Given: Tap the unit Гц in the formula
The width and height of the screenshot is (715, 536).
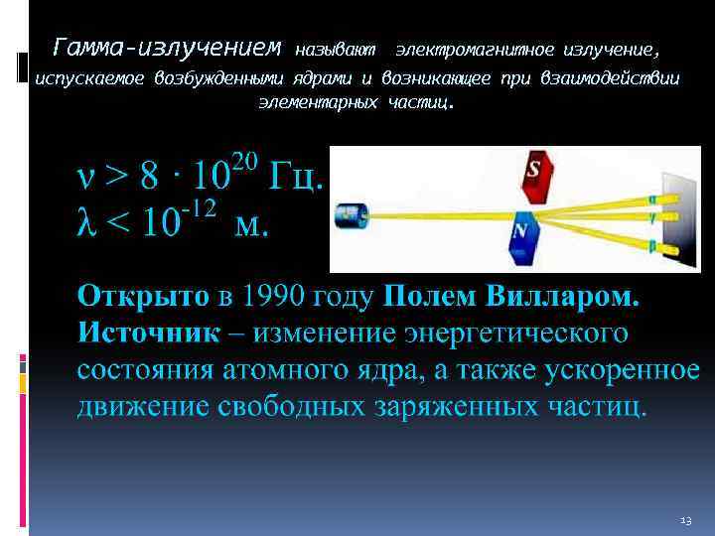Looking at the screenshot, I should point(293,180).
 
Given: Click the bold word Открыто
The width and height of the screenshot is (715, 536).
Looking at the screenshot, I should point(144,297).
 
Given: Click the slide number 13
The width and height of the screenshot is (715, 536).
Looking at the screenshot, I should point(685,519).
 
